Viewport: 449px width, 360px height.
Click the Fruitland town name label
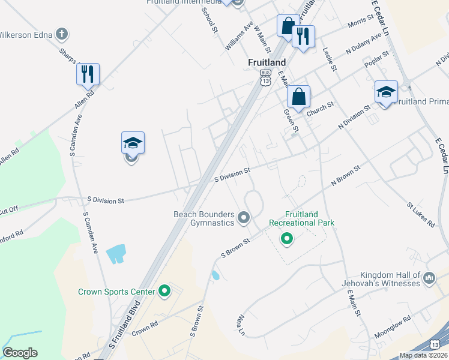click(x=267, y=62)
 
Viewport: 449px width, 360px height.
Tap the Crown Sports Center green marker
click(x=164, y=292)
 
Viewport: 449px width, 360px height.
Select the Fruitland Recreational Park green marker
click(x=287, y=239)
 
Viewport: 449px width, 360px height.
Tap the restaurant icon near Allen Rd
click(x=88, y=74)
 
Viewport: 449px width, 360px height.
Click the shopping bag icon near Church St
click(x=298, y=96)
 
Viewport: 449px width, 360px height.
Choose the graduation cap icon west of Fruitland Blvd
click(x=133, y=143)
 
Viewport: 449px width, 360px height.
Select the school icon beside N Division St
click(x=386, y=92)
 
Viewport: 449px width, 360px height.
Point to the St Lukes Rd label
click(x=420, y=214)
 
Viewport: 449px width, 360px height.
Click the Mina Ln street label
click(x=242, y=324)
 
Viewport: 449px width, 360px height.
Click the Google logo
click(x=20, y=353)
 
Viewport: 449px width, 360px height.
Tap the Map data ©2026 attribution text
click(x=423, y=355)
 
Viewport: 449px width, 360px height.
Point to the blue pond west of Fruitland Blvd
click(x=116, y=254)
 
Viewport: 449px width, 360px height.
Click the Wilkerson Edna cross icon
click(x=61, y=34)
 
